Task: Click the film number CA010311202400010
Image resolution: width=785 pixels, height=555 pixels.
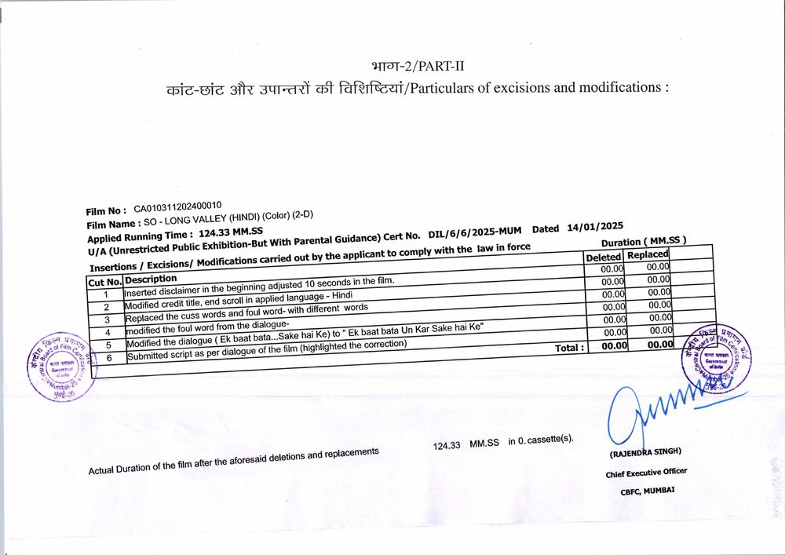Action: point(177,208)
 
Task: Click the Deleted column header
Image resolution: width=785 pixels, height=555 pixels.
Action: point(603,257)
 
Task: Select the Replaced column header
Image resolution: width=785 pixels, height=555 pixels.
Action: point(648,254)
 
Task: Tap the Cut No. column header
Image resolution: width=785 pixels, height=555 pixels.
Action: point(104,282)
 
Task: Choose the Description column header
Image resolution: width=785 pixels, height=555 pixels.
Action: point(151,279)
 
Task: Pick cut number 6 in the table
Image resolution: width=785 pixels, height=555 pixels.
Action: point(109,358)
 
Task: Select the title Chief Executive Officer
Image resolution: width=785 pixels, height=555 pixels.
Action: point(645,473)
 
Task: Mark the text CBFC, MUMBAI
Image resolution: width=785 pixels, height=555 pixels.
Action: point(646,491)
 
